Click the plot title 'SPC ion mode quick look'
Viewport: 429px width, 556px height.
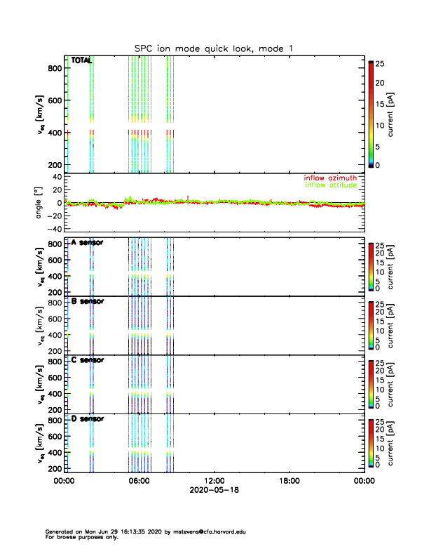[x=214, y=48]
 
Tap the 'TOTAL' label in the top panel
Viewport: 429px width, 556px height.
[x=81, y=60]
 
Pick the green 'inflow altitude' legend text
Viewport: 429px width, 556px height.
[x=330, y=185]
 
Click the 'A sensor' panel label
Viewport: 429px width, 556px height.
[x=87, y=243]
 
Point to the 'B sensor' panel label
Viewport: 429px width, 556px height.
[x=87, y=301]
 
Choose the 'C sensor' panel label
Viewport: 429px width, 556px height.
[x=87, y=360]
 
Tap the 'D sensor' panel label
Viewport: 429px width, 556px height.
[x=87, y=418]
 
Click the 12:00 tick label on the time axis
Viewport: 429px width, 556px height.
[x=214, y=481]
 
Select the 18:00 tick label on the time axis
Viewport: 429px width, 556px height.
[x=289, y=481]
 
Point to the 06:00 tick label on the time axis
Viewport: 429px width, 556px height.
[x=139, y=481]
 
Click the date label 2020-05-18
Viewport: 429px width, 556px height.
[x=214, y=490]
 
